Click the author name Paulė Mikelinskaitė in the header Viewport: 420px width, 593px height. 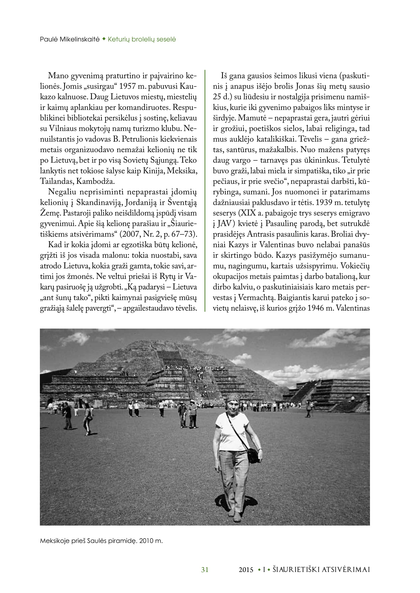[70, 39]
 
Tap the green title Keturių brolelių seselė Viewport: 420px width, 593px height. [142, 39]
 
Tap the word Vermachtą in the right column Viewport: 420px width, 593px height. [256, 298]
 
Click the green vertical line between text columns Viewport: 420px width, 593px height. [205, 191]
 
